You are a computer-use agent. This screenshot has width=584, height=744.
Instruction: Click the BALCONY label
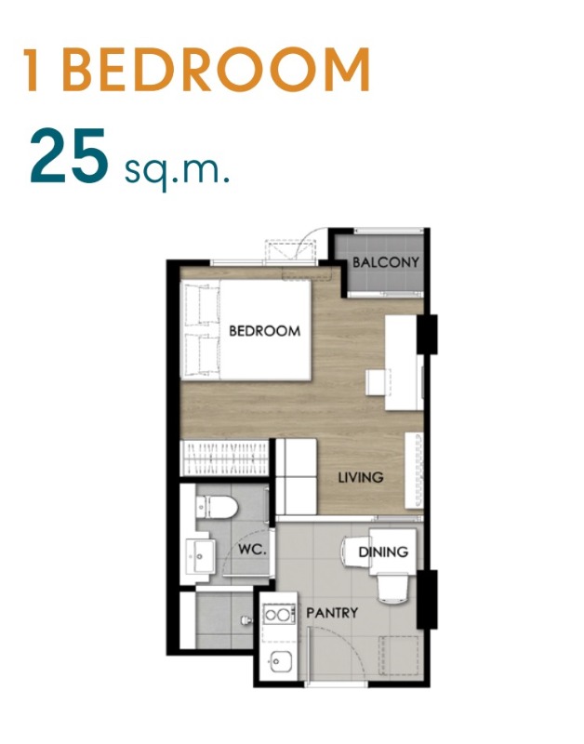pos(386,262)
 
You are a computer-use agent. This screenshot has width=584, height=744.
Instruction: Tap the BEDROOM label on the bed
pos(265,331)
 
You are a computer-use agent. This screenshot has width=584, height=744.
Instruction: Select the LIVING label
pos(361,477)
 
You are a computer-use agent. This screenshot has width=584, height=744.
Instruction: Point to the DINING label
pos(383,551)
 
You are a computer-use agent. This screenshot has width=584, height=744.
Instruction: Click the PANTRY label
pos(332,613)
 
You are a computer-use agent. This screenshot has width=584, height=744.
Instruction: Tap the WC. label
pos(252,550)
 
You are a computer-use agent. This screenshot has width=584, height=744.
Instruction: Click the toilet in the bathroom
pos(217,507)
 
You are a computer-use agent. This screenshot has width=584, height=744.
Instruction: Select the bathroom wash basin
pos(200,556)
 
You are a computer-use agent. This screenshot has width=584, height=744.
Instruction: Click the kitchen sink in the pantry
pos(281,661)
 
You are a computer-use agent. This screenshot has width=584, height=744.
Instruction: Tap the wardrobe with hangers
pos(225,458)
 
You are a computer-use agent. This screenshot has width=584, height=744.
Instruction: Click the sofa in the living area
pos(297,476)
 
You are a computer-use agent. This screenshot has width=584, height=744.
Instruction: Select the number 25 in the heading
pos(69,156)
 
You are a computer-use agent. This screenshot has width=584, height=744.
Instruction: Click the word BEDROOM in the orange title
pos(216,69)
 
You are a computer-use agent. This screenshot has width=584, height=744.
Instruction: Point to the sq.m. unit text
pos(178,170)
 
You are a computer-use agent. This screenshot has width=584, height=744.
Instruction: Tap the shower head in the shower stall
pos(246,620)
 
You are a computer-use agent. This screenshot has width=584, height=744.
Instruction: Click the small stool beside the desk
pos(378,382)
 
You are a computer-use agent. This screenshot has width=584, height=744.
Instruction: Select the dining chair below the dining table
pos(392,589)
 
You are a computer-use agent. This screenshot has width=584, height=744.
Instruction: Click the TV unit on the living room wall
pos(414,471)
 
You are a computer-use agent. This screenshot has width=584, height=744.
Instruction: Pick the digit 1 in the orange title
pos(33,69)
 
